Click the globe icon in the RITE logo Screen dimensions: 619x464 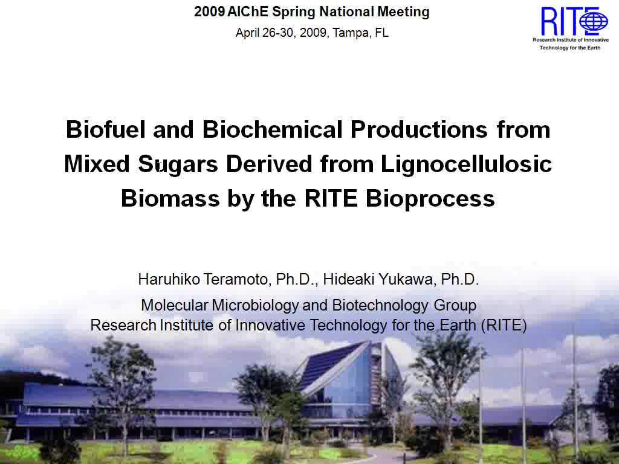pyautogui.click(x=594, y=21)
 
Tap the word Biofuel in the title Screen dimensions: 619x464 pyautogui.click(x=106, y=129)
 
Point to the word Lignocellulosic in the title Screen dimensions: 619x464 pyautogui.click(x=466, y=164)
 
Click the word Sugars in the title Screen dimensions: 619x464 pyautogui.click(x=178, y=164)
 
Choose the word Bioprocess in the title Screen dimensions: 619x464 pyautogui.click(x=430, y=198)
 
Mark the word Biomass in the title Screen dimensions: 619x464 pyautogui.click(x=170, y=198)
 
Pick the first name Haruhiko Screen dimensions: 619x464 pyautogui.click(x=169, y=279)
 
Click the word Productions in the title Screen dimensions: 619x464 pyautogui.click(x=419, y=129)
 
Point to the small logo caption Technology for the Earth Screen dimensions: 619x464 pyautogui.click(x=570, y=48)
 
